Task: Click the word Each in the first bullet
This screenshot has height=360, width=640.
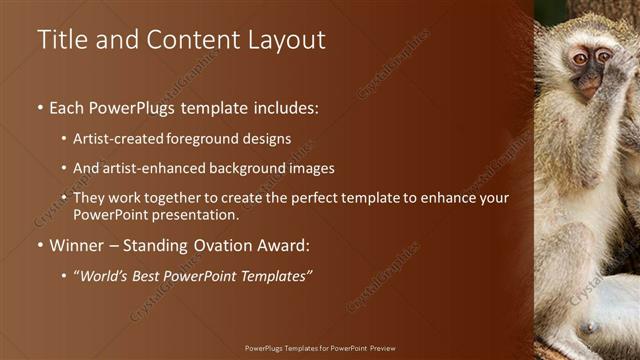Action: point(68,107)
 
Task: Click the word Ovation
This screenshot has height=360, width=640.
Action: point(222,245)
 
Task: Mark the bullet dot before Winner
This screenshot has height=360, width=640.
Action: point(40,246)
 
